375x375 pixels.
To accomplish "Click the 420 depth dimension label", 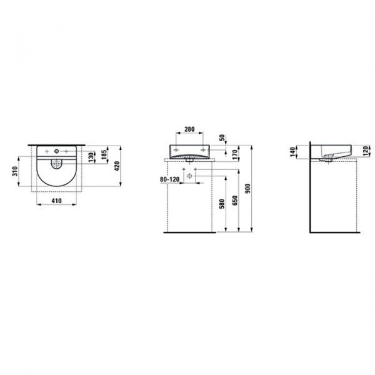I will coord(116,166).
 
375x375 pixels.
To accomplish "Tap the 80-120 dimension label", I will coord(169,178).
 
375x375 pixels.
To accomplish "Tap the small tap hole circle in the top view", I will coord(56,151).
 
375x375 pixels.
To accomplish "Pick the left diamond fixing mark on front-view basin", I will coord(177,151).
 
